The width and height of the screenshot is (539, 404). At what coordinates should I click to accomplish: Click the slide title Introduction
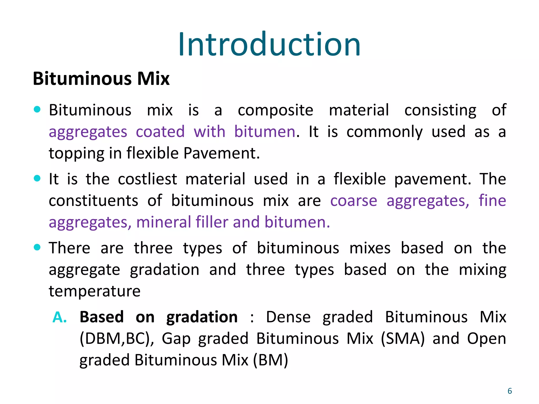pyautogui.click(x=269, y=44)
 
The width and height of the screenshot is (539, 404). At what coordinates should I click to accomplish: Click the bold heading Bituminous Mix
pyautogui.click(x=101, y=79)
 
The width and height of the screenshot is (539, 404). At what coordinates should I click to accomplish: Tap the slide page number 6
pyautogui.click(x=510, y=391)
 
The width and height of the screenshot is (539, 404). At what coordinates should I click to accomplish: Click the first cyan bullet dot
pyautogui.click(x=37, y=109)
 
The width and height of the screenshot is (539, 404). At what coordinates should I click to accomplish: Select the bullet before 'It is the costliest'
pyautogui.click(x=37, y=178)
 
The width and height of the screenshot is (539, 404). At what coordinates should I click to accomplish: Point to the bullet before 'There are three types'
pyautogui.click(x=37, y=247)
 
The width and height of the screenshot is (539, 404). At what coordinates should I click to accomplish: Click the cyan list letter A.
pyautogui.click(x=59, y=317)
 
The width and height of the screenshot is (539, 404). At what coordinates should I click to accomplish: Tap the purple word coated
pyautogui.click(x=160, y=132)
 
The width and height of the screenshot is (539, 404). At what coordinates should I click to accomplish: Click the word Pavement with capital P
pyautogui.click(x=221, y=153)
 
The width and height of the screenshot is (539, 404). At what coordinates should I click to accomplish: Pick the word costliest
pyautogui.click(x=147, y=179)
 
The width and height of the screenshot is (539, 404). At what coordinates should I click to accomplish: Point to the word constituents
pyautogui.click(x=93, y=201)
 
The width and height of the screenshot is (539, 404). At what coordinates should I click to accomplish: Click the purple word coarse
pyautogui.click(x=353, y=201)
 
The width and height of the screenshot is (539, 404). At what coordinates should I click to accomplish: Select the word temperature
pyautogui.click(x=95, y=291)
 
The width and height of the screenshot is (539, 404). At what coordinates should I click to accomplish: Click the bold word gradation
pyautogui.click(x=202, y=317)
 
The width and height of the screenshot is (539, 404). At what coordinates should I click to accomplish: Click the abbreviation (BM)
pyautogui.click(x=271, y=360)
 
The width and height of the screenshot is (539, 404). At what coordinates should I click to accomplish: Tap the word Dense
pyautogui.click(x=288, y=317)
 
